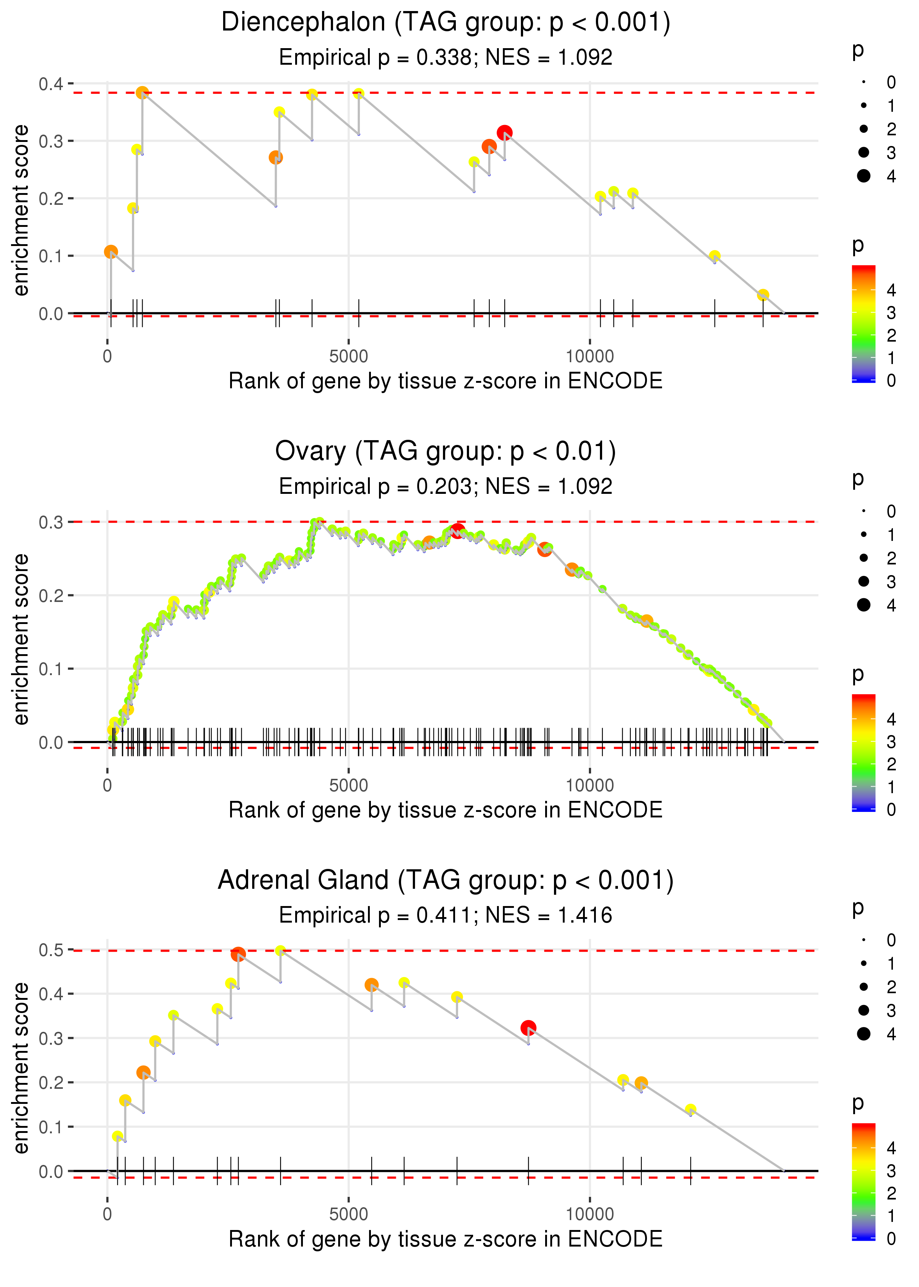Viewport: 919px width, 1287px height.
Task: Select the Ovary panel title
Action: coord(446,452)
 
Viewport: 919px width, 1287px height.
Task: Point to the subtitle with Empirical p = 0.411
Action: coord(446,915)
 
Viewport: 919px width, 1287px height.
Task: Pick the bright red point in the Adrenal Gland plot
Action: coord(528,1027)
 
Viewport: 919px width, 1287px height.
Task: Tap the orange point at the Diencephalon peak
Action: coord(142,93)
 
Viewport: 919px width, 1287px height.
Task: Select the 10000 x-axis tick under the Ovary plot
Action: coord(590,785)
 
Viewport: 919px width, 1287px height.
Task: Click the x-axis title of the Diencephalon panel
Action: coord(446,381)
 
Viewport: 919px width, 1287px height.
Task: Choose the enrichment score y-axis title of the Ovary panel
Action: coord(21,639)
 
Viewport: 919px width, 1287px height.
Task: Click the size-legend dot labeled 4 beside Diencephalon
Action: coord(863,176)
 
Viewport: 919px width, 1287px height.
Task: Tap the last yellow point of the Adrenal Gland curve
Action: coord(690,1109)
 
